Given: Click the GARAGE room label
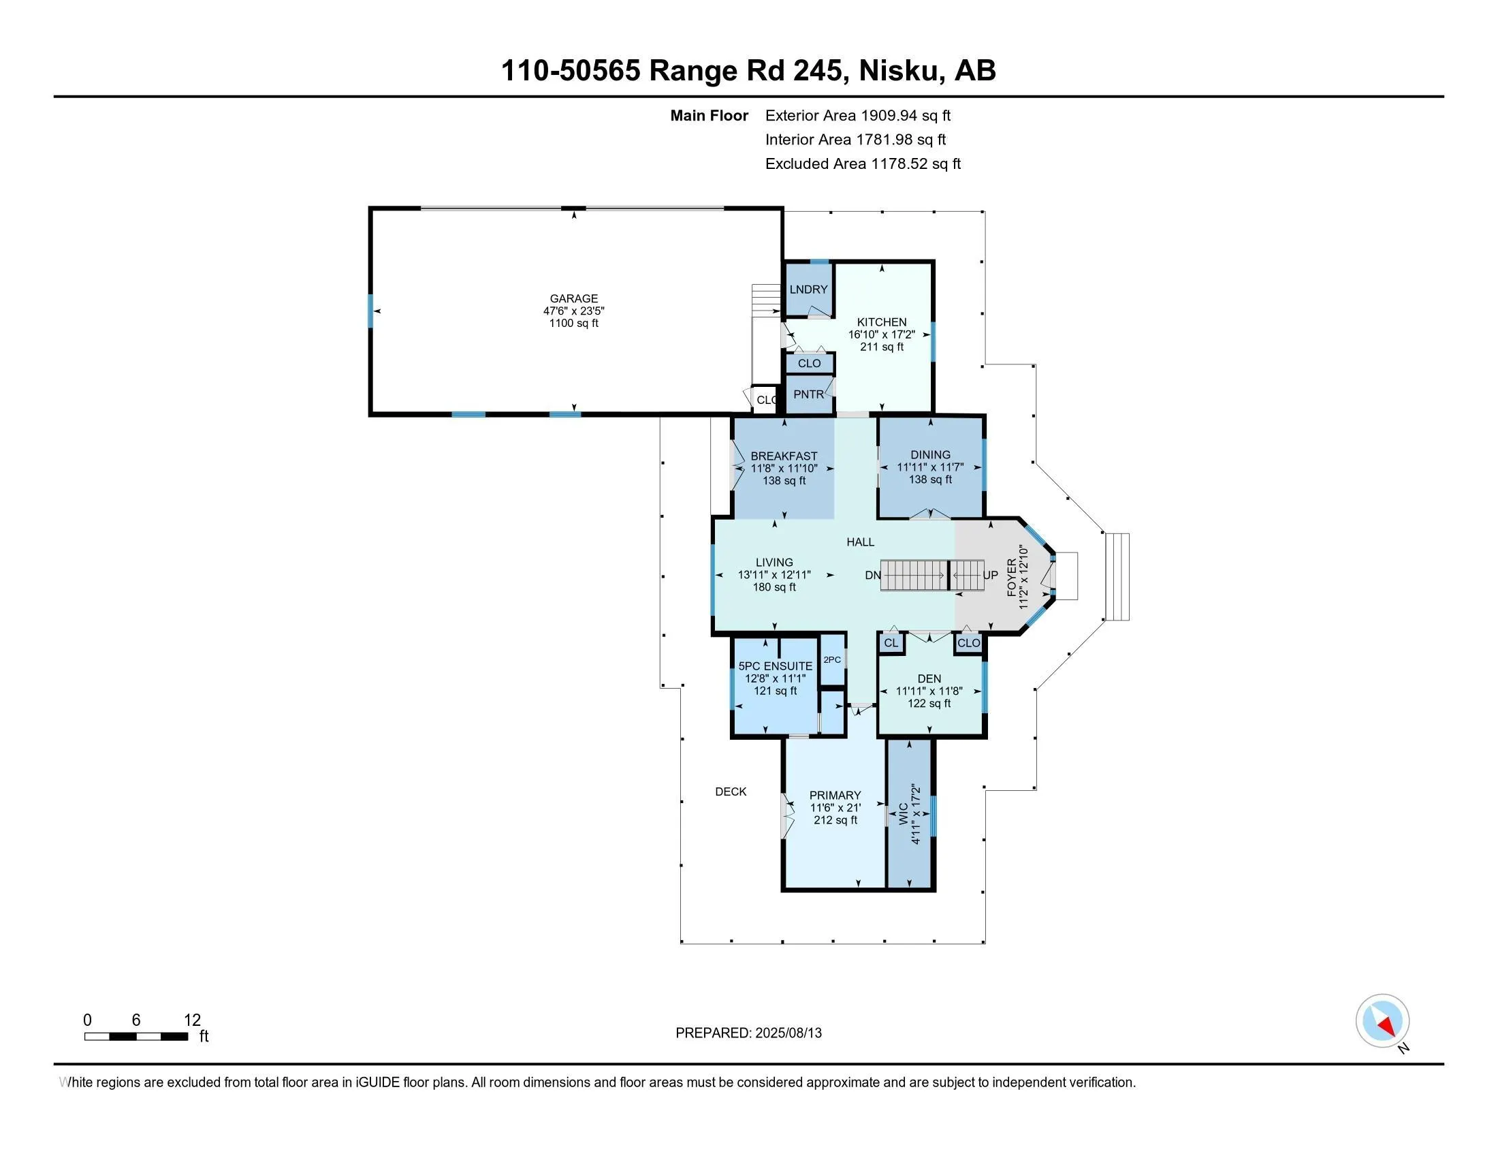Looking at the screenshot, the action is coord(573,298).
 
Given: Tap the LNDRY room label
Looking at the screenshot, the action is coord(808,289).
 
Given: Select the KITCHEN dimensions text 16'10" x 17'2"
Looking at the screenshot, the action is coord(881,334).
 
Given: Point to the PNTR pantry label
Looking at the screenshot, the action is coord(809,394).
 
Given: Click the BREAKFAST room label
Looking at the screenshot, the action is coord(784,456).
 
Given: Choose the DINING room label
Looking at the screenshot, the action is coord(930,455).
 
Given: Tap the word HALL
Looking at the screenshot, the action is coord(860,542).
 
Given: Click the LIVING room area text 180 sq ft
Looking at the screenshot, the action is coord(774,587).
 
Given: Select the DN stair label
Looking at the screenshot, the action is coord(872,575).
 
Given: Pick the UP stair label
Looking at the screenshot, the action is coord(991,575).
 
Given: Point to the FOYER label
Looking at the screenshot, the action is coord(1012,578).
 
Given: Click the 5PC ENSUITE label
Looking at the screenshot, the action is coord(775,666).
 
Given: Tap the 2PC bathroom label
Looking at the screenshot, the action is coord(832,660).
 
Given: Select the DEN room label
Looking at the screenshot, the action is coord(929,678).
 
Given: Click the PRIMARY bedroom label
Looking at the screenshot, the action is coord(835,795).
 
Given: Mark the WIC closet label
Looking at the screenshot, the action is coord(904,813).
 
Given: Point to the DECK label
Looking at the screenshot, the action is coord(731,792).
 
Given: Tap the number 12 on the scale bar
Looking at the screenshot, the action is coord(192,1020).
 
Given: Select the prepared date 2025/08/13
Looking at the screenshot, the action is coord(788,1033).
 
